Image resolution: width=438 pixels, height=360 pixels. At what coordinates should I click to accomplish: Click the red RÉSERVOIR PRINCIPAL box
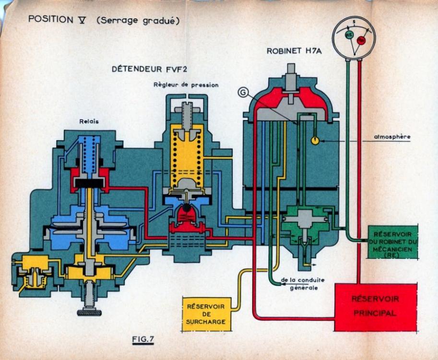coord(375,307)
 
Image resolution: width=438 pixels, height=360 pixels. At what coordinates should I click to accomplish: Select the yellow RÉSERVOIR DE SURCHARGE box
coord(206,313)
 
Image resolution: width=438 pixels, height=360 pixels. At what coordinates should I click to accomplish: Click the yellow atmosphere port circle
coord(315,141)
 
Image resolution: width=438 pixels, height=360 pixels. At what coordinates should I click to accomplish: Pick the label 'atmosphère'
coord(392,136)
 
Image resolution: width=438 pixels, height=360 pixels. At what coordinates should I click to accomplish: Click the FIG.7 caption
coord(142,340)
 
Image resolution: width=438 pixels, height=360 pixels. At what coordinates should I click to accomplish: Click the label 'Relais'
coord(89,121)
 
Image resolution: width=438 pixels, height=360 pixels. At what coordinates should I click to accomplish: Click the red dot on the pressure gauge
coord(361,40)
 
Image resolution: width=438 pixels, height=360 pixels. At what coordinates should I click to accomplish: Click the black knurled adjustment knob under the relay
coord(89,313)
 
